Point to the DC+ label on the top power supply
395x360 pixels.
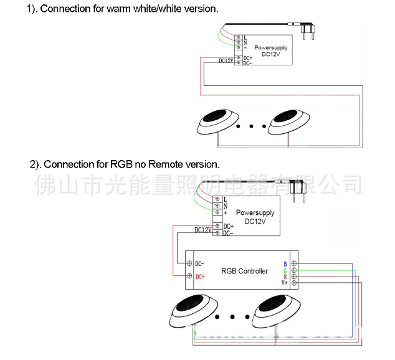(x=247, y=57)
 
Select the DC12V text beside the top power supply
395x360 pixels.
(x=226, y=61)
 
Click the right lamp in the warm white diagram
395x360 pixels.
(x=290, y=120)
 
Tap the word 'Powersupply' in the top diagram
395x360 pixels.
(x=271, y=47)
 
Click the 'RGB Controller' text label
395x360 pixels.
(x=244, y=271)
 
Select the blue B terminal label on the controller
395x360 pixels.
(x=285, y=263)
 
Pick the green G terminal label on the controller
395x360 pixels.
(x=285, y=270)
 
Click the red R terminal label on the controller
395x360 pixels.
(x=285, y=277)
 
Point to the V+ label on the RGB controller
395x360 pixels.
(x=284, y=283)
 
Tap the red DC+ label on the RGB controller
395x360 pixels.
(x=200, y=277)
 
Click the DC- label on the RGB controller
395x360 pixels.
(x=199, y=263)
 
